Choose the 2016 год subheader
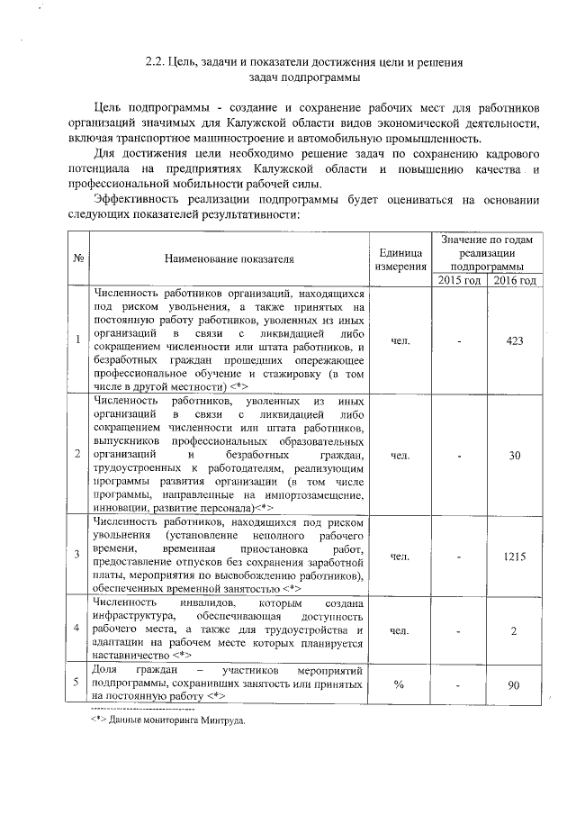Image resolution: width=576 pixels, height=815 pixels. pyautogui.click(x=515, y=281)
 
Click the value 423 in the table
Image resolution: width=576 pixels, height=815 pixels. pyautogui.click(x=515, y=341)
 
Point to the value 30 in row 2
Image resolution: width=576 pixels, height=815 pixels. pyautogui.click(x=515, y=456)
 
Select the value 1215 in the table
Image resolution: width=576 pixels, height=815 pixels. pyautogui.click(x=515, y=557)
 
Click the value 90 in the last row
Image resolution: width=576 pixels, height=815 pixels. pyautogui.click(x=515, y=686)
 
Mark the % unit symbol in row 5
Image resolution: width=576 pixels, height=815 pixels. pyautogui.click(x=400, y=686)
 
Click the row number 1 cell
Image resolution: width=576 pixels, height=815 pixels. pyautogui.click(x=78, y=340)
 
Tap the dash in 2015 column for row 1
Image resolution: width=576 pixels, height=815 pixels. pyautogui.click(x=460, y=341)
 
